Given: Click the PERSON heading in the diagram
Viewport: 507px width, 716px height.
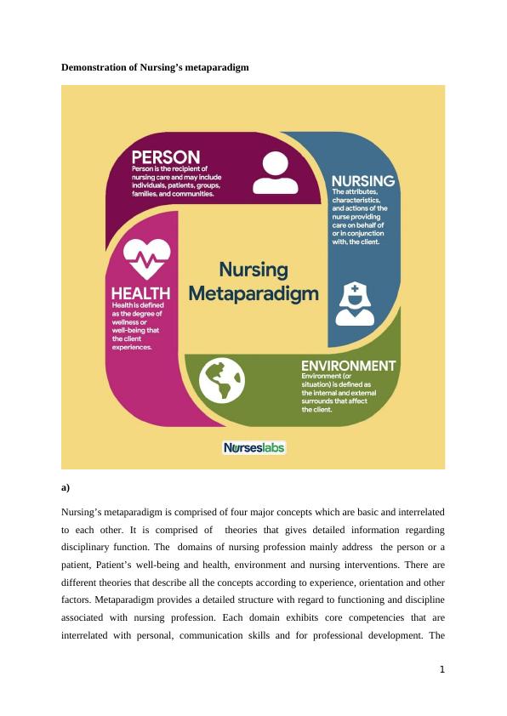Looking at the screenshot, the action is [x=165, y=157].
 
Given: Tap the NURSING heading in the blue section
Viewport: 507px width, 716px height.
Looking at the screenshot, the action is [x=362, y=181].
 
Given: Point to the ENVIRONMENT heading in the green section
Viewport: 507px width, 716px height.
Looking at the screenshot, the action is [x=348, y=366].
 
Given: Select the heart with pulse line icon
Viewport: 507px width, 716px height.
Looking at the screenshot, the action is [x=146, y=258].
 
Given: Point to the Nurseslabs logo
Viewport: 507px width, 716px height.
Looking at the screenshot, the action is [x=253, y=447].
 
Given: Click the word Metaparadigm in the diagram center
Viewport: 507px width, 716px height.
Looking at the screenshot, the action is [x=253, y=294].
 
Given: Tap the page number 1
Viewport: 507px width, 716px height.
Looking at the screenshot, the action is [x=442, y=669].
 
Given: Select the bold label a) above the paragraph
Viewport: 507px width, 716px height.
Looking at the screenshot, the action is [x=66, y=487].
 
